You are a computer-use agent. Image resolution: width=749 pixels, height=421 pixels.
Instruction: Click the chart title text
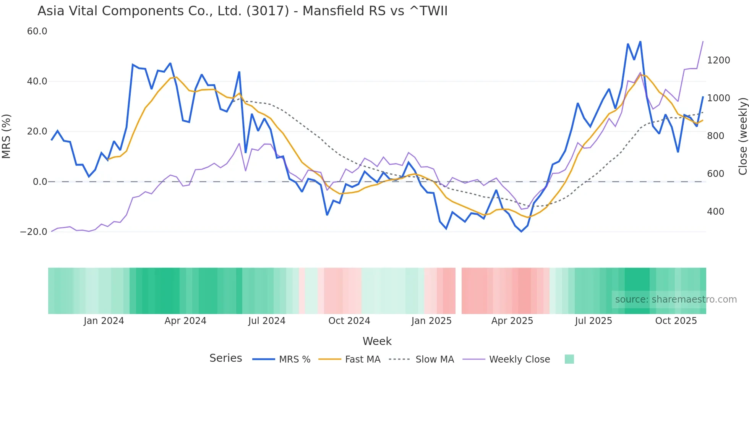pyautogui.click(x=242, y=11)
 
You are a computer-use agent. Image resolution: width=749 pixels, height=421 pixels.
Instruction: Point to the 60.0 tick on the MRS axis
pyautogui.click(x=37, y=31)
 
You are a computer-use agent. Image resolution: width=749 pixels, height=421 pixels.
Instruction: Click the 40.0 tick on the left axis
pyautogui.click(x=37, y=81)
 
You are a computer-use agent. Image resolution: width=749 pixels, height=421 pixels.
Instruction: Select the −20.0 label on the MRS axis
pyautogui.click(x=34, y=232)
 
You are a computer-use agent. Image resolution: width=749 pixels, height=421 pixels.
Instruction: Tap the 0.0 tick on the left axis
pyautogui.click(x=40, y=182)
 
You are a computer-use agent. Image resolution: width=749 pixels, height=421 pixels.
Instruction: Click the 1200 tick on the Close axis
pyautogui.click(x=718, y=60)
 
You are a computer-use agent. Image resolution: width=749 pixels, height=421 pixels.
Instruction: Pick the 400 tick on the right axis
pyautogui.click(x=715, y=212)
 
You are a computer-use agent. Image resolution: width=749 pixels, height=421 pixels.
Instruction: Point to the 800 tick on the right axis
pyautogui.click(x=715, y=136)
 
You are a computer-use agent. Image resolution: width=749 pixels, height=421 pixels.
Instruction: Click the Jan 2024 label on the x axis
pyautogui.click(x=104, y=321)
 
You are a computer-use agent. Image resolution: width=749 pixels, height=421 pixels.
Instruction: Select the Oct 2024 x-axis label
pyautogui.click(x=349, y=321)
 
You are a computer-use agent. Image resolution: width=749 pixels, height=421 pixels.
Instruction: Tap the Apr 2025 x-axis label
pyautogui.click(x=512, y=321)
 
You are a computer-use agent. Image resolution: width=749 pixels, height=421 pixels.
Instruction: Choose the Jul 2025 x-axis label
pyautogui.click(x=593, y=321)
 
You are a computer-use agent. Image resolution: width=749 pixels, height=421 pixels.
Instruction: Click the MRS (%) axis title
pyautogui.click(x=6, y=136)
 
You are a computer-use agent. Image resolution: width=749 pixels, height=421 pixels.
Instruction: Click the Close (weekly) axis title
pyautogui.click(x=743, y=136)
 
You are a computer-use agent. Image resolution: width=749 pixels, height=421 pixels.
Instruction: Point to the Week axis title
pyautogui.click(x=377, y=341)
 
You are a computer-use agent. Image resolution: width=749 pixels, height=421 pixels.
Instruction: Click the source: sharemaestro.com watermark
pyautogui.click(x=676, y=300)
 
